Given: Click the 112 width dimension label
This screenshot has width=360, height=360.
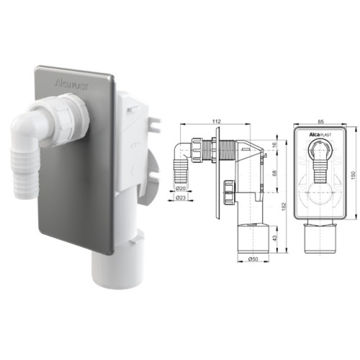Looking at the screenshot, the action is click(x=216, y=122).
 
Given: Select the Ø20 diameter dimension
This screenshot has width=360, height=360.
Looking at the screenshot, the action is click(x=181, y=189).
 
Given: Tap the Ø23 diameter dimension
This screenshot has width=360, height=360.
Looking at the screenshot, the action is click(x=181, y=198).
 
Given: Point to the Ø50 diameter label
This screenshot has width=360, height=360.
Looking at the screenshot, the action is click(x=253, y=258).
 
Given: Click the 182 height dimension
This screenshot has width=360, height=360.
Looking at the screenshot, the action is click(x=284, y=207).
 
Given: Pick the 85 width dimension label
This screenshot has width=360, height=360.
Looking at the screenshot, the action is click(x=321, y=122).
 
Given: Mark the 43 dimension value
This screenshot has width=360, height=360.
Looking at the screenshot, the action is click(x=275, y=238).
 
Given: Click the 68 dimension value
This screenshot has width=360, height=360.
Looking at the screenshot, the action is click(x=275, y=173).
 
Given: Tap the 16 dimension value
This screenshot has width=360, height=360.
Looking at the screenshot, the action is click(x=275, y=145).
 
